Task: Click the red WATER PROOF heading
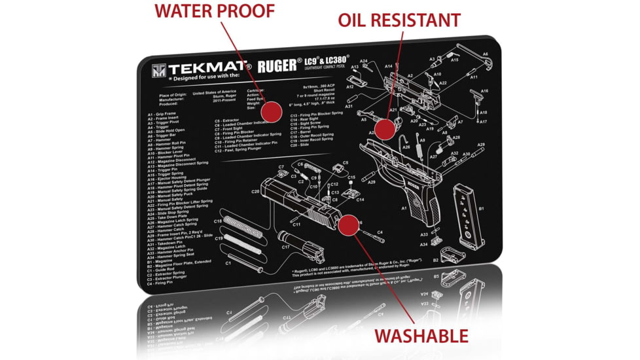(214, 11)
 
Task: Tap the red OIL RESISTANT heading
(399, 20)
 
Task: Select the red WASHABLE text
(421, 336)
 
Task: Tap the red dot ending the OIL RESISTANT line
(385, 128)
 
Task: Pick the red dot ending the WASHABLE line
(347, 225)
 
